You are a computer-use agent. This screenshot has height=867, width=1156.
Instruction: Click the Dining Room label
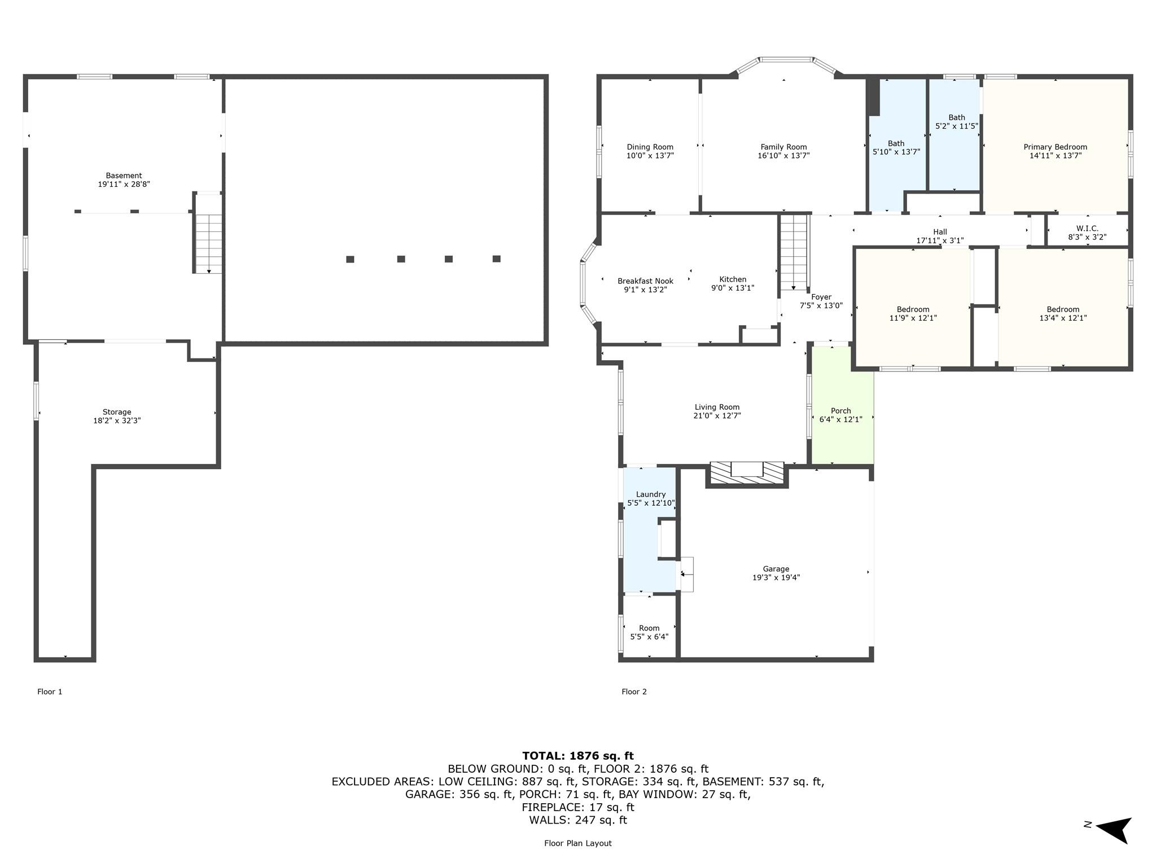click(x=650, y=147)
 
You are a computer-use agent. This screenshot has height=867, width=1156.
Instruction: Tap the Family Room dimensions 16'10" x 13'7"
click(x=783, y=156)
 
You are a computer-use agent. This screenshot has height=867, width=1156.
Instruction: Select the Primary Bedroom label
click(x=1055, y=147)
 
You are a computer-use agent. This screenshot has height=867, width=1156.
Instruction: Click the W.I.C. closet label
click(x=1087, y=229)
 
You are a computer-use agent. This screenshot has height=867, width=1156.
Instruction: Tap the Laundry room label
click(x=650, y=494)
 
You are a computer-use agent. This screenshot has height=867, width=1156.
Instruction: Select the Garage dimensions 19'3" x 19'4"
click(x=776, y=577)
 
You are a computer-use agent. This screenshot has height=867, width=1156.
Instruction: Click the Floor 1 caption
click(x=50, y=691)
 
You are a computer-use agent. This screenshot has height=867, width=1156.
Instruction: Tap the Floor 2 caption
click(x=634, y=691)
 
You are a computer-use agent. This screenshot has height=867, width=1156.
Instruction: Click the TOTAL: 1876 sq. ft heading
click(x=577, y=756)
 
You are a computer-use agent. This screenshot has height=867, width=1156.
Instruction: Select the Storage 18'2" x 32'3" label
click(x=117, y=417)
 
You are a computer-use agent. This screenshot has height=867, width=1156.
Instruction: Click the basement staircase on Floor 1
click(x=209, y=243)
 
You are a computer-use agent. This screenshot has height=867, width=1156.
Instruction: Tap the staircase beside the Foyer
click(x=794, y=252)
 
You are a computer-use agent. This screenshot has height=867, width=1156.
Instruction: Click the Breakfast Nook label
click(x=645, y=281)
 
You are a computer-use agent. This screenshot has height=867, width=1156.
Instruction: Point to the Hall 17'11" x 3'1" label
click(x=940, y=236)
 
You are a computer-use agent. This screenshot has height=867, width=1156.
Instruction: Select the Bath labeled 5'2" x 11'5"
click(x=956, y=122)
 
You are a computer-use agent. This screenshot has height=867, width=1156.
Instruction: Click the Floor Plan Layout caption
click(x=577, y=843)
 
